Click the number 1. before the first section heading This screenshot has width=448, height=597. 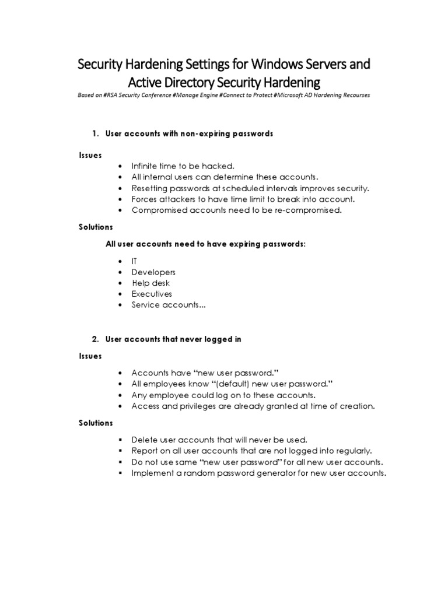96,134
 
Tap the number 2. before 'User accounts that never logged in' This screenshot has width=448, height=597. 96,339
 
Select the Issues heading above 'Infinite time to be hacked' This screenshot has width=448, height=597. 90,155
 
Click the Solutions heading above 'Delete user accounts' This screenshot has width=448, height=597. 96,423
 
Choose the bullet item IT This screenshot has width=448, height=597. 135,261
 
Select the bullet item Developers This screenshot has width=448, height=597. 153,272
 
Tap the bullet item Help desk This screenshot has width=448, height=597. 150,283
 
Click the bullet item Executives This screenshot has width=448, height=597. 152,294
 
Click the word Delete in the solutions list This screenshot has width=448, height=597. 145,440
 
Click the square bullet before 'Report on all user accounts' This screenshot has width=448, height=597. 120,451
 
